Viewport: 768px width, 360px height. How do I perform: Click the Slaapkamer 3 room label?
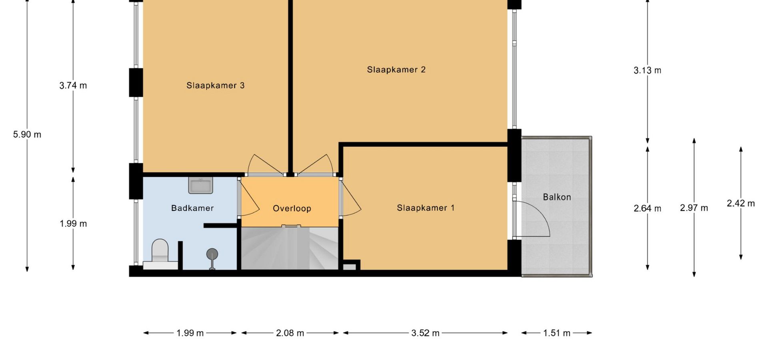[x=215, y=85]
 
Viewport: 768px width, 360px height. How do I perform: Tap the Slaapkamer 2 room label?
[x=396, y=70]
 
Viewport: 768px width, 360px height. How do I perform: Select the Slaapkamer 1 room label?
[x=426, y=208]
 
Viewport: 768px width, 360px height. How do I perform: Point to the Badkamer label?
[x=192, y=208]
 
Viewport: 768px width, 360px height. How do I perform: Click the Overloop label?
[x=292, y=208]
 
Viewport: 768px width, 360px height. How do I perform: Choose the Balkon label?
[x=557, y=197]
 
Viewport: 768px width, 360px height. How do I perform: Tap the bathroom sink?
[x=200, y=185]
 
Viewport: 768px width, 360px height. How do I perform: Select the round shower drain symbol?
[x=212, y=254]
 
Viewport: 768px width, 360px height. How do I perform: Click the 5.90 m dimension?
[x=27, y=134]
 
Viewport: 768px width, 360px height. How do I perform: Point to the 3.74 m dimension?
[x=73, y=85]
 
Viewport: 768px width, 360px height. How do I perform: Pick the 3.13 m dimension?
[x=647, y=70]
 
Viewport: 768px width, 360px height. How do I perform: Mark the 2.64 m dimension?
[x=647, y=208]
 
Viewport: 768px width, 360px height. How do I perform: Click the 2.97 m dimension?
[x=694, y=208]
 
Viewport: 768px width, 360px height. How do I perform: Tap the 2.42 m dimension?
[x=741, y=203]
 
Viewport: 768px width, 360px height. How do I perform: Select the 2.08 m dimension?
[x=290, y=333]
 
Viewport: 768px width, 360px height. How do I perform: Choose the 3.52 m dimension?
[x=425, y=333]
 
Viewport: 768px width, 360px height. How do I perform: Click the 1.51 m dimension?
[x=556, y=333]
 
